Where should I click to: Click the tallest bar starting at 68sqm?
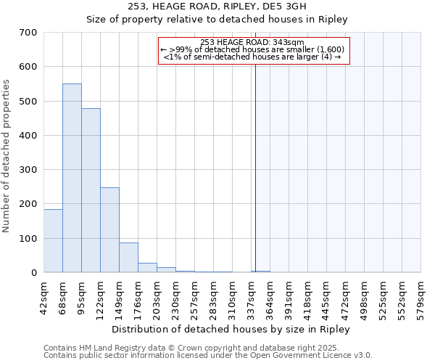(x=72, y=178)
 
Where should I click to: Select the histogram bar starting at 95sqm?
(x=91, y=190)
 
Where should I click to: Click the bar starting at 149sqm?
(x=128, y=258)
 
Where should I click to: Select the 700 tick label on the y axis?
(x=28, y=33)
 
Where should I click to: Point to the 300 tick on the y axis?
(x=28, y=170)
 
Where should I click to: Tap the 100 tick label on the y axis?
(x=28, y=239)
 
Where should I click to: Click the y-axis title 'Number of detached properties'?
(x=7, y=156)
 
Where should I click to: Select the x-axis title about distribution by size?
(x=232, y=329)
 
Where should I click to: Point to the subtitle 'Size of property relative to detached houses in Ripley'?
(x=217, y=20)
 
